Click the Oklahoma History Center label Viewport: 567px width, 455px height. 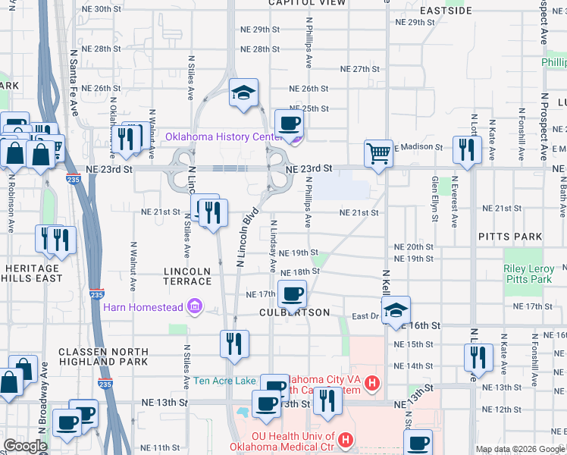(x=224, y=136)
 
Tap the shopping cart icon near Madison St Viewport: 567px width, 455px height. (x=377, y=153)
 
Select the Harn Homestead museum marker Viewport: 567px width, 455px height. (x=195, y=306)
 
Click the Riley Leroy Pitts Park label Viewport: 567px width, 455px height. (x=528, y=274)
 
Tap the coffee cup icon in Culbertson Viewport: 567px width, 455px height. (x=292, y=293)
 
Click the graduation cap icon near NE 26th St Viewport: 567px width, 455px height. (x=243, y=93)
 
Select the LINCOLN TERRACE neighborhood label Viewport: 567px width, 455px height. (x=187, y=276)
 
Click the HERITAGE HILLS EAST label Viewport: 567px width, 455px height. (x=33, y=273)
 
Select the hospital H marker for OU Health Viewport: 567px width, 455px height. (x=346, y=439)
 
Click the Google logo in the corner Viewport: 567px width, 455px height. (x=24, y=446)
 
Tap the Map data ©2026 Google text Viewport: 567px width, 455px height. (x=519, y=449)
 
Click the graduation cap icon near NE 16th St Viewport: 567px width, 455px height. (x=395, y=310)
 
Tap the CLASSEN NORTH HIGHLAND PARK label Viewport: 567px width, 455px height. (x=103, y=356)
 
